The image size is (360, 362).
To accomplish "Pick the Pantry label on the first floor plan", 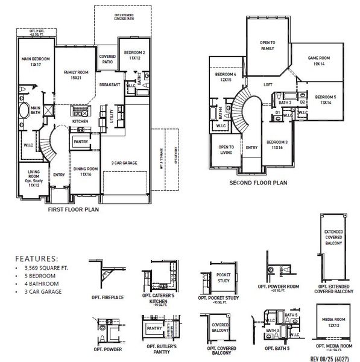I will tap(81, 142).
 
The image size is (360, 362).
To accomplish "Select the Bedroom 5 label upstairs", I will tap(326, 100).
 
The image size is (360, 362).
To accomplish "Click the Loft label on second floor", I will tap(268, 85).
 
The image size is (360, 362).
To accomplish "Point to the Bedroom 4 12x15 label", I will tap(226, 77).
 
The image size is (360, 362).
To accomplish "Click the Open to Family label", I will tap(267, 45).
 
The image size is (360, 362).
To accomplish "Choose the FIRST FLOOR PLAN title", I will tap(73, 211).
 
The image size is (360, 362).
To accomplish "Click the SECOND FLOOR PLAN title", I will tap(257, 182).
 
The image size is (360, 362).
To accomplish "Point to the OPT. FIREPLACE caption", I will tap(108, 297).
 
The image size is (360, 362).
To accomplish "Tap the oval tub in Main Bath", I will tap(24, 111).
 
